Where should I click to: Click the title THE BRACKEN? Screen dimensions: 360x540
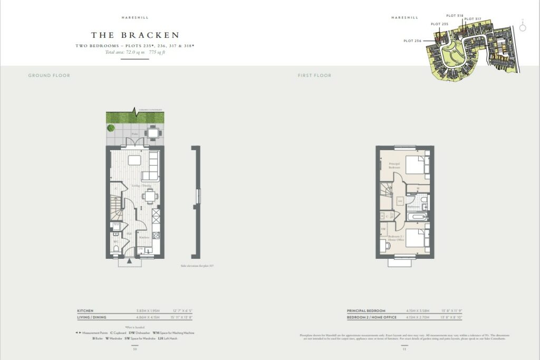(135, 35)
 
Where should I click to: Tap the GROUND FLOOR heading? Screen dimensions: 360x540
(49, 75)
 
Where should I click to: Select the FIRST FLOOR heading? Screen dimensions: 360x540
(314, 75)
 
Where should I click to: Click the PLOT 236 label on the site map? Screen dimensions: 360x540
(412, 41)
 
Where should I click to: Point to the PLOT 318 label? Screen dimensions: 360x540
(455, 16)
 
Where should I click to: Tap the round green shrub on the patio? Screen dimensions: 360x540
(111, 128)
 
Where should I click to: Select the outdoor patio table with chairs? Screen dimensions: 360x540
(153, 133)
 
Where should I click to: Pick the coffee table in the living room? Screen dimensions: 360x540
(135, 161)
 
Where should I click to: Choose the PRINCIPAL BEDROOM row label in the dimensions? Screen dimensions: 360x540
(366, 311)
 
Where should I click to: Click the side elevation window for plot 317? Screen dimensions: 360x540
(198, 195)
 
